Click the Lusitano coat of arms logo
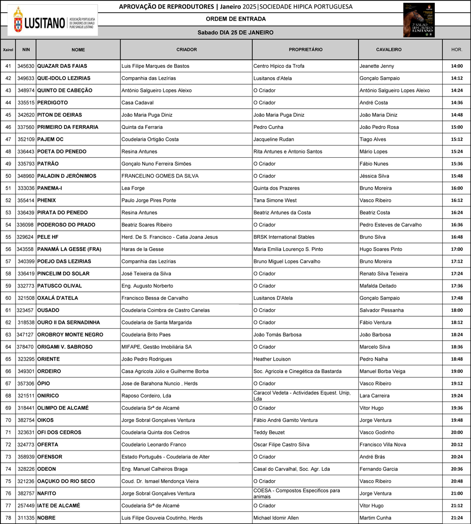[18, 20]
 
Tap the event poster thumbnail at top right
[419, 20]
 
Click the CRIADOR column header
[187, 49]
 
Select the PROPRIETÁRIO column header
[305, 49]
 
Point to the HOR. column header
[456, 49]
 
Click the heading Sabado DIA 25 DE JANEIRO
[235, 32]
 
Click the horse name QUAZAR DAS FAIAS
[62, 66]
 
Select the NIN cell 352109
[26, 139]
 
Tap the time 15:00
[456, 127]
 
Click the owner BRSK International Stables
[284, 237]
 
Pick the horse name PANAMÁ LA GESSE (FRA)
[69, 249]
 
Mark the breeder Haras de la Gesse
[143, 249]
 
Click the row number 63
[8, 335]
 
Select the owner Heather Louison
[272, 359]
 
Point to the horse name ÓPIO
[43, 384]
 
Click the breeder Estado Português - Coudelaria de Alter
[166, 457]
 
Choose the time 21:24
[456, 518]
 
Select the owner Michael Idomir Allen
[276, 518]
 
